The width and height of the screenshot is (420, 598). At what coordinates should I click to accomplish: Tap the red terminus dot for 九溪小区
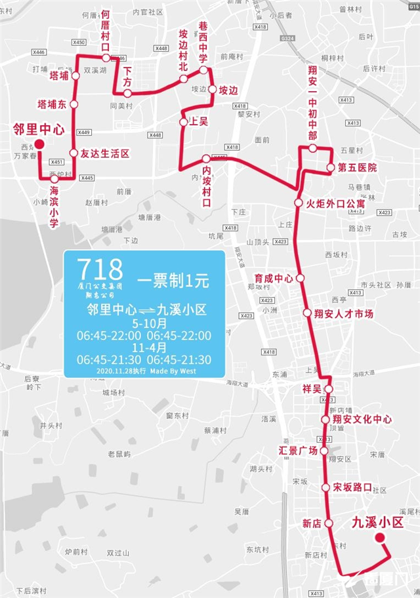click(x=379, y=538)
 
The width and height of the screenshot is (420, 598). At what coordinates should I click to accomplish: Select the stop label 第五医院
click(x=358, y=168)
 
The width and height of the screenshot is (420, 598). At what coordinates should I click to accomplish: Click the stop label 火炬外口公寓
click(x=336, y=204)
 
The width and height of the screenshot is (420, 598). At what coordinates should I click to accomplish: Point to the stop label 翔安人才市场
click(x=344, y=313)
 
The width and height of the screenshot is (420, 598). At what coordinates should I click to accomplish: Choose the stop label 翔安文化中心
click(x=362, y=419)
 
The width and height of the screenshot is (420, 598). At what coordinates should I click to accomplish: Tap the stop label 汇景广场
click(x=298, y=450)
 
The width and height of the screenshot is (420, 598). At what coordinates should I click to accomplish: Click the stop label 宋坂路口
click(x=352, y=488)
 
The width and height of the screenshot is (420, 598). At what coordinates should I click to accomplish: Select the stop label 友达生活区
click(x=105, y=153)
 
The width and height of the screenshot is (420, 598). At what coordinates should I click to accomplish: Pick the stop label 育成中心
click(x=274, y=278)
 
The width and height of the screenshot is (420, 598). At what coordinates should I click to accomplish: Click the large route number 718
click(x=100, y=269)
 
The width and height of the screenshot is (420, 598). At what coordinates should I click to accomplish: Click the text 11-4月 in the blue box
click(x=149, y=348)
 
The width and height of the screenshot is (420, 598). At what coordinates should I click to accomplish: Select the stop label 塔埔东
click(x=52, y=104)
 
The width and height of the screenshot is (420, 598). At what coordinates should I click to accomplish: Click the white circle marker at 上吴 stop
click(x=184, y=122)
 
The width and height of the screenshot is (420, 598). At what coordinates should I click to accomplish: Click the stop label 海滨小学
click(x=54, y=206)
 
